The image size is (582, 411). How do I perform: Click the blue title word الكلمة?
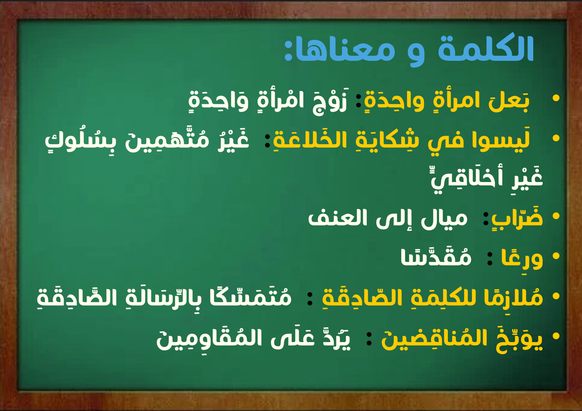486,47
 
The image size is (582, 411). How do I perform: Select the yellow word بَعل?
509,101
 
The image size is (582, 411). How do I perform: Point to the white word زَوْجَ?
330,101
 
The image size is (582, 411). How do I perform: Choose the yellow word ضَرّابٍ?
517,218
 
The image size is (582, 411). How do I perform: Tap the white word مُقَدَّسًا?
436,257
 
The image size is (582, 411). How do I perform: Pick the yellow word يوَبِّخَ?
519,338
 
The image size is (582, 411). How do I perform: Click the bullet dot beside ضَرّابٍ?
556,216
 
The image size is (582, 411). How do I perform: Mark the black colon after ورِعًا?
489,259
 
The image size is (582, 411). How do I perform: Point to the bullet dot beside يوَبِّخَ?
556,336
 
